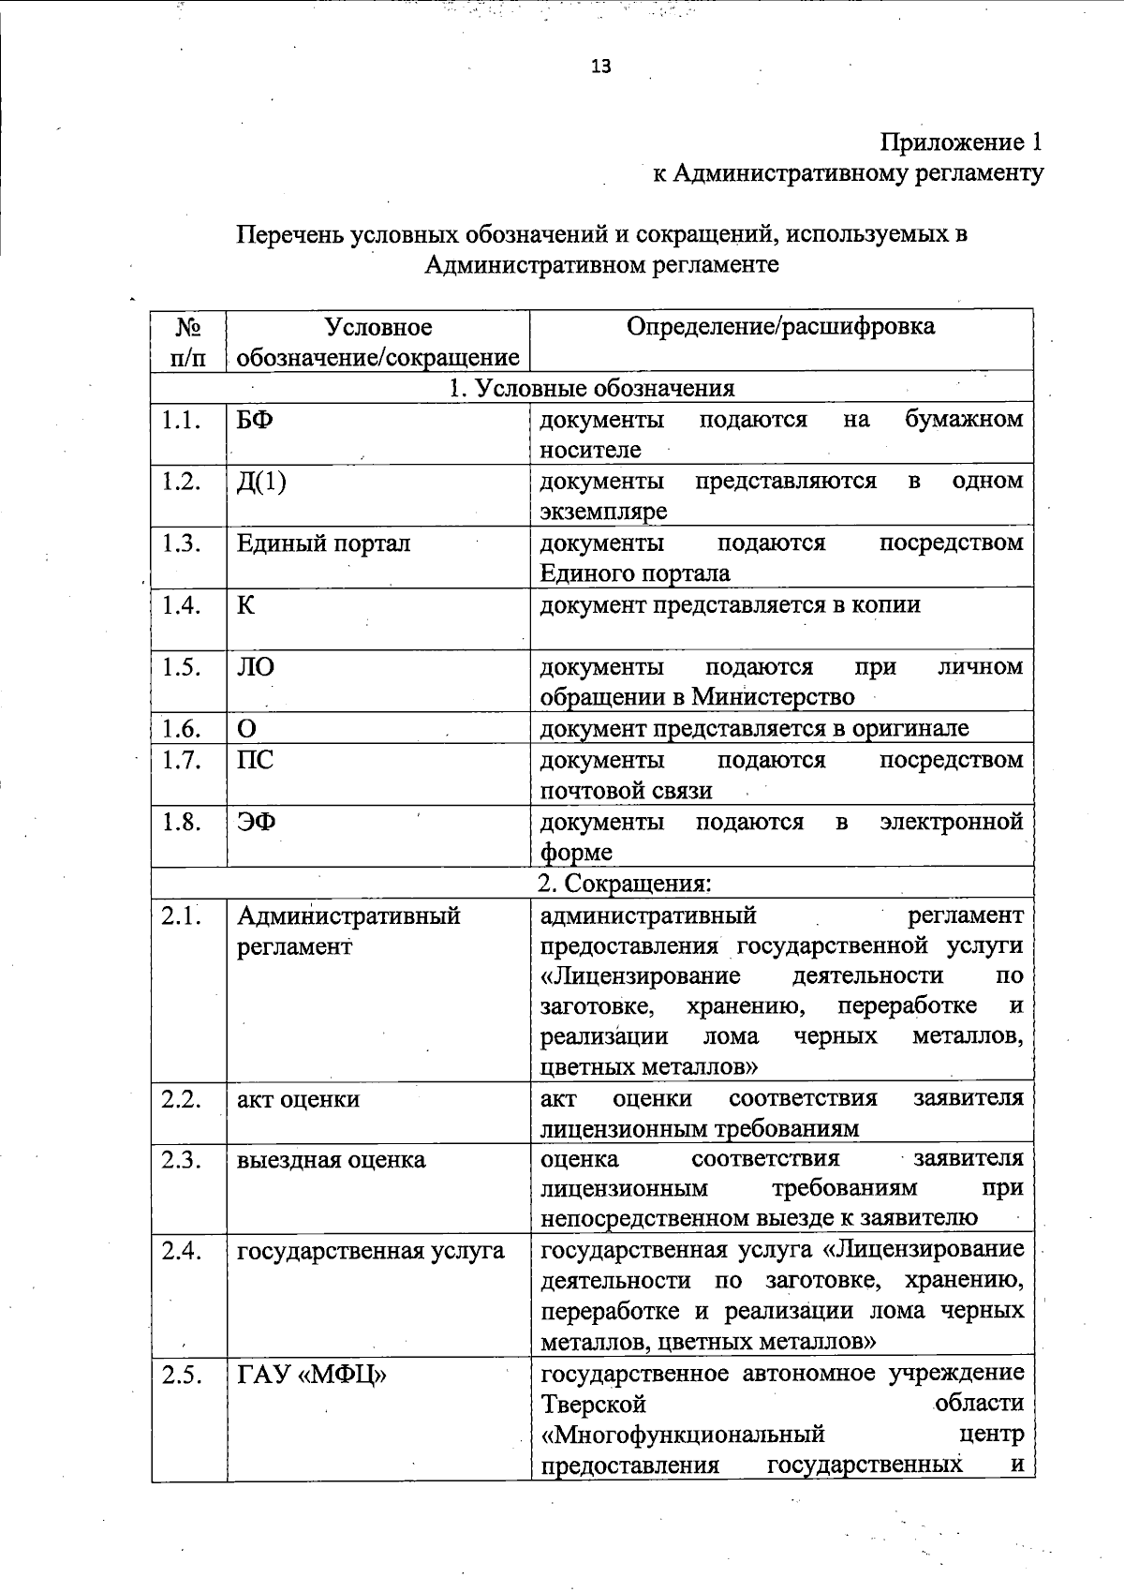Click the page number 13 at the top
[x=600, y=66]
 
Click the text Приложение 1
[x=960, y=142]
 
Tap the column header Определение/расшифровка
[x=780, y=326]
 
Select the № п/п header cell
[x=188, y=341]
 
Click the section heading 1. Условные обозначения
[x=592, y=388]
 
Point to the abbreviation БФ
[x=255, y=420]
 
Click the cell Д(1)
[x=261, y=482]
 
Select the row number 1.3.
[x=181, y=543]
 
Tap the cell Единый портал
[x=323, y=543]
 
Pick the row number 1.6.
[x=181, y=729]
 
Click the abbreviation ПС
[x=255, y=760]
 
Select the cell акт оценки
[x=298, y=1099]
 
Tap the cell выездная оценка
[x=331, y=1160]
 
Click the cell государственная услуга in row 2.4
[x=370, y=1250]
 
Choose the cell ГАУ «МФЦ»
[x=312, y=1376]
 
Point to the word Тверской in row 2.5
[x=594, y=1405]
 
